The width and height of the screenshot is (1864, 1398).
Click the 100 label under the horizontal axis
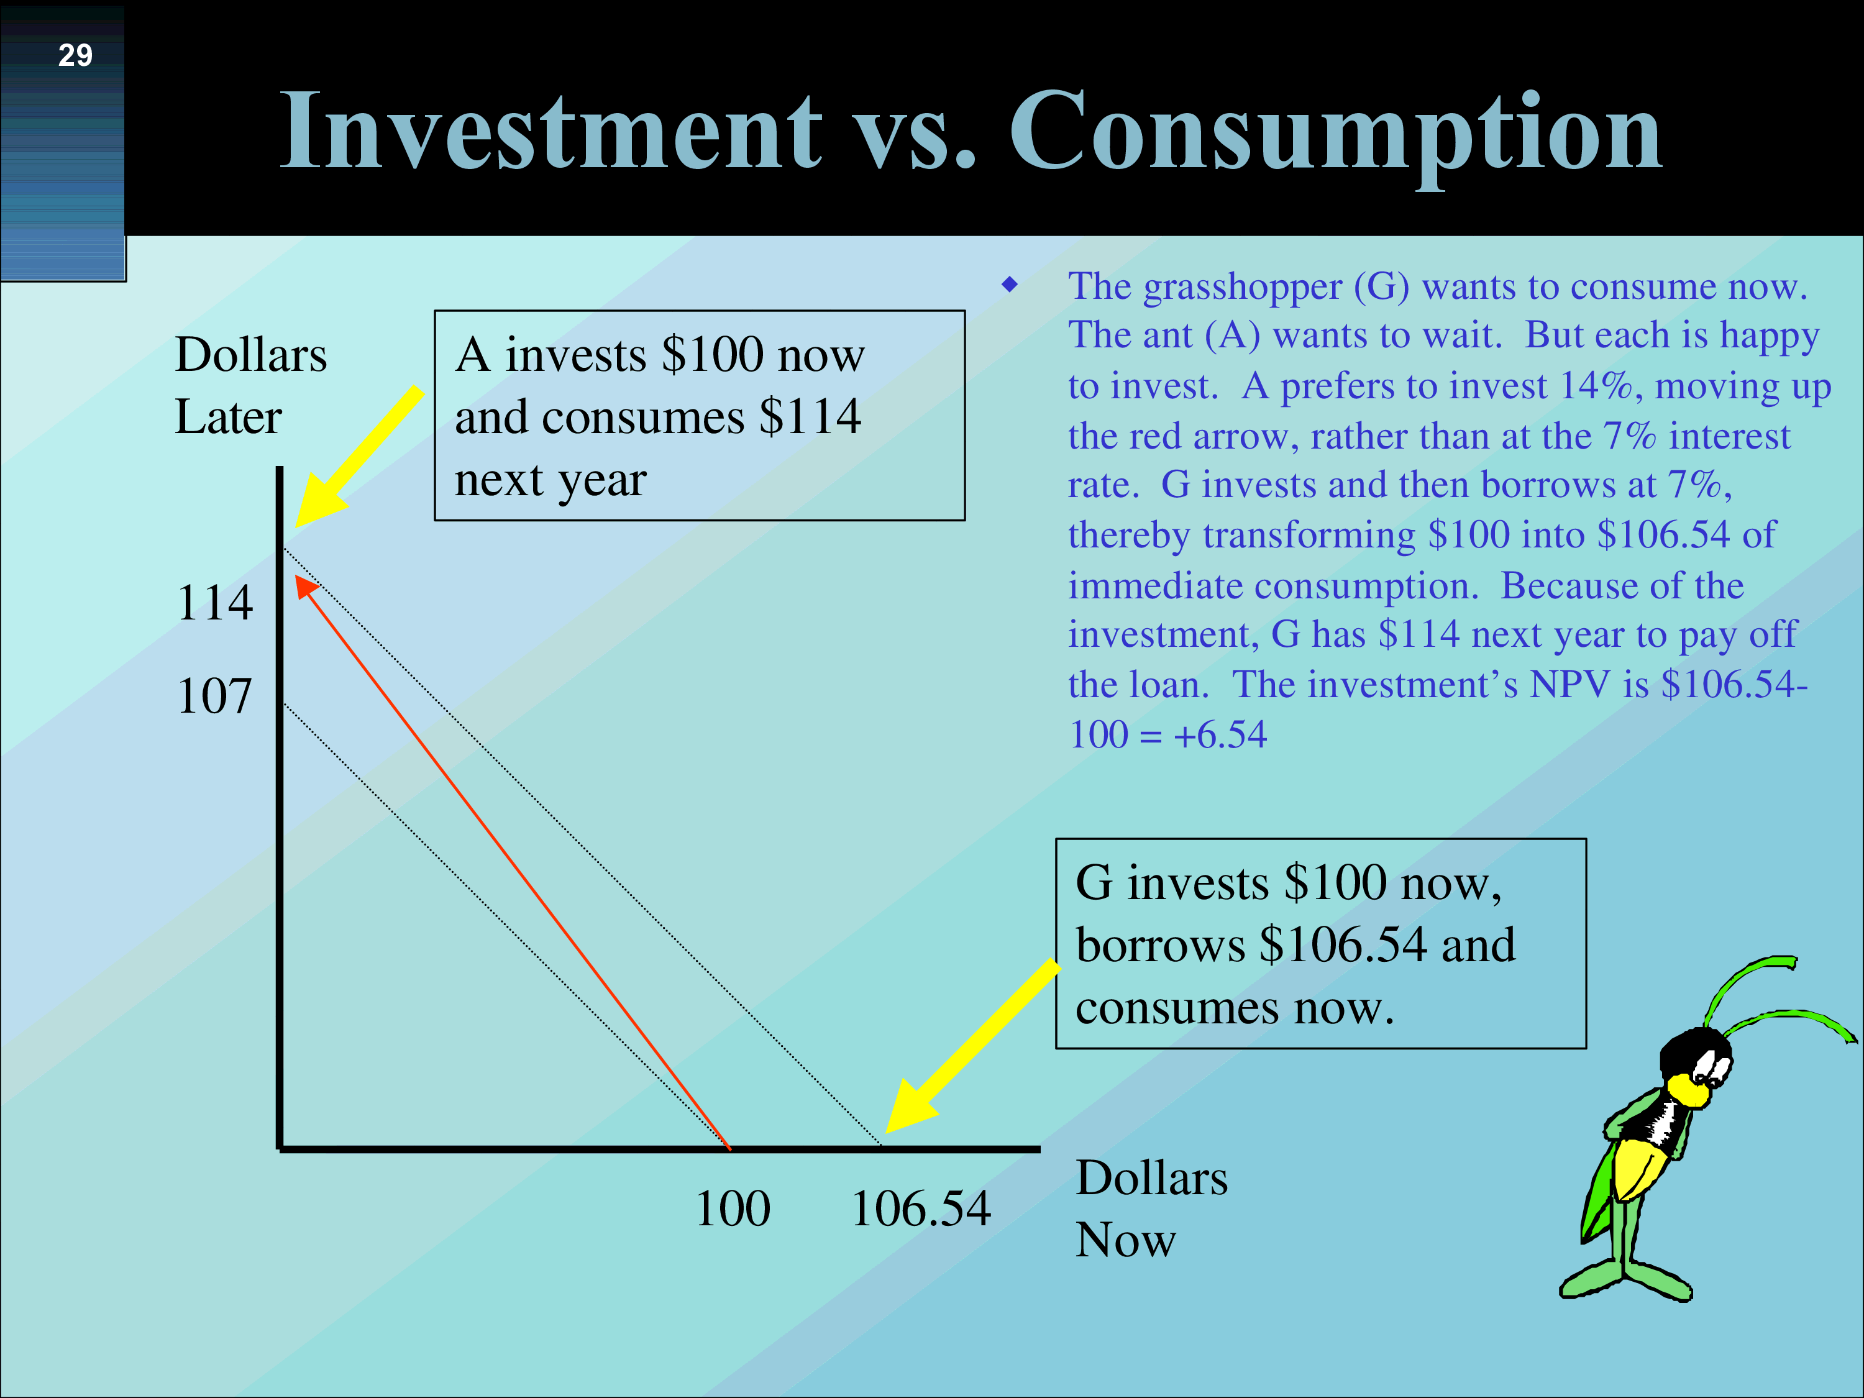pyautogui.click(x=733, y=1208)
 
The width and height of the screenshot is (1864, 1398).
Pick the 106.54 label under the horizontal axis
pyautogui.click(x=920, y=1208)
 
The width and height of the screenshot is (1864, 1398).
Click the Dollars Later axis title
pyautogui.click(x=250, y=385)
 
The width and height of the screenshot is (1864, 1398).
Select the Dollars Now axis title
pyautogui.click(x=1151, y=1208)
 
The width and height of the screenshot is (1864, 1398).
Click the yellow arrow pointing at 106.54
pyautogui.click(x=972, y=1046)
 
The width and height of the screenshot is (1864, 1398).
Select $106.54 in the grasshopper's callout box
pyautogui.click(x=1343, y=944)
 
